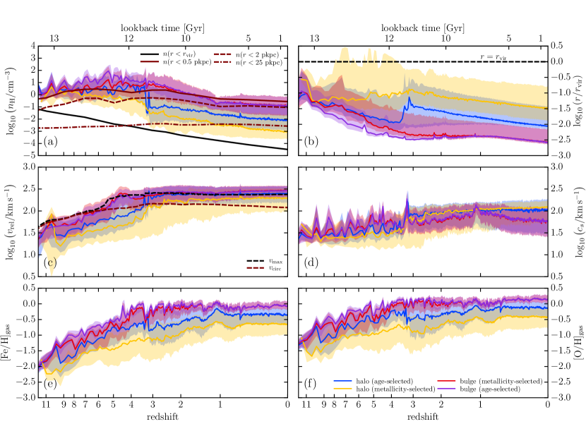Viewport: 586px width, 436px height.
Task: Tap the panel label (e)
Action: click(x=47, y=384)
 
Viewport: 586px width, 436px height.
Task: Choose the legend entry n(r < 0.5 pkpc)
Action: click(x=189, y=63)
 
